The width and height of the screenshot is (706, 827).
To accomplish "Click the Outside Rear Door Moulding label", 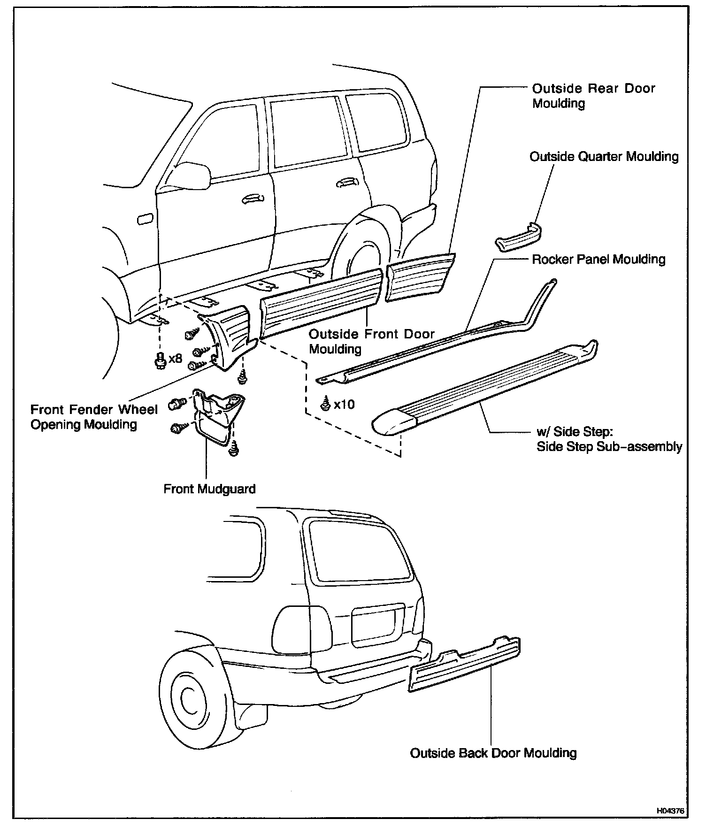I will pos(593,96).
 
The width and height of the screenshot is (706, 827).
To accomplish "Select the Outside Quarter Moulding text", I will pos(604,157).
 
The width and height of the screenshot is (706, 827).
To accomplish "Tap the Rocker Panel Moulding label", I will pos(599,260).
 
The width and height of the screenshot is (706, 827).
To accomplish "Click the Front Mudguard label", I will pos(209,489).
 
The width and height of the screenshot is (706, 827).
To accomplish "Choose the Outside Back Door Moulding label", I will pos(493,753).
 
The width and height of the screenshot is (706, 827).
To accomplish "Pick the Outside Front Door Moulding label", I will pos(371,342).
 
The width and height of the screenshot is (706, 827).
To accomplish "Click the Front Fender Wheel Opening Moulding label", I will pos(94,417).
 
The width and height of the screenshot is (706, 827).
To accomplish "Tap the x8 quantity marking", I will pos(175,359).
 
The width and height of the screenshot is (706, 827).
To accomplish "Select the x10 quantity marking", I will pos(344,404).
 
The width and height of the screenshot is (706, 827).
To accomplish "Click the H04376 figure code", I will pos(670,811).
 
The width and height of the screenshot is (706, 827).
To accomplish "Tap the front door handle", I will pos(253,199).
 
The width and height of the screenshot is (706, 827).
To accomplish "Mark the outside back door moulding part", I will pos(465,664).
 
